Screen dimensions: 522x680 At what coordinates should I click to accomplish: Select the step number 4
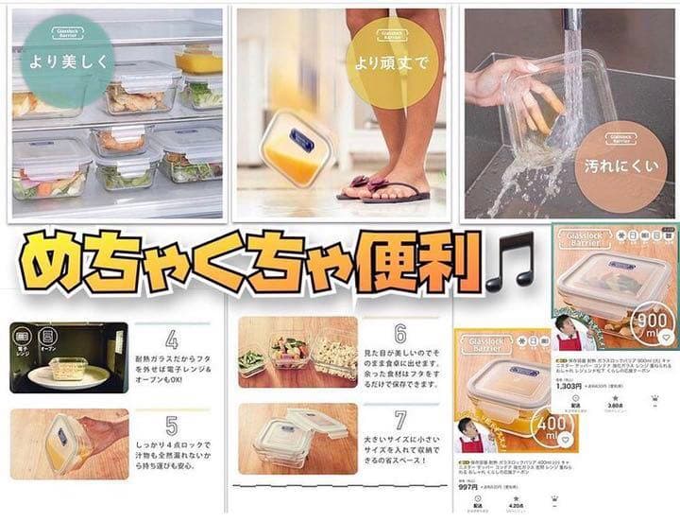click(x=171, y=339)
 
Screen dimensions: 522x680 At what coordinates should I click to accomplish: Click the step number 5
click(x=171, y=426)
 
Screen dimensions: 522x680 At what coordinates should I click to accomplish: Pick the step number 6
click(x=399, y=334)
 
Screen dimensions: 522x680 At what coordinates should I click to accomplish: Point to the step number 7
click(x=399, y=420)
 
